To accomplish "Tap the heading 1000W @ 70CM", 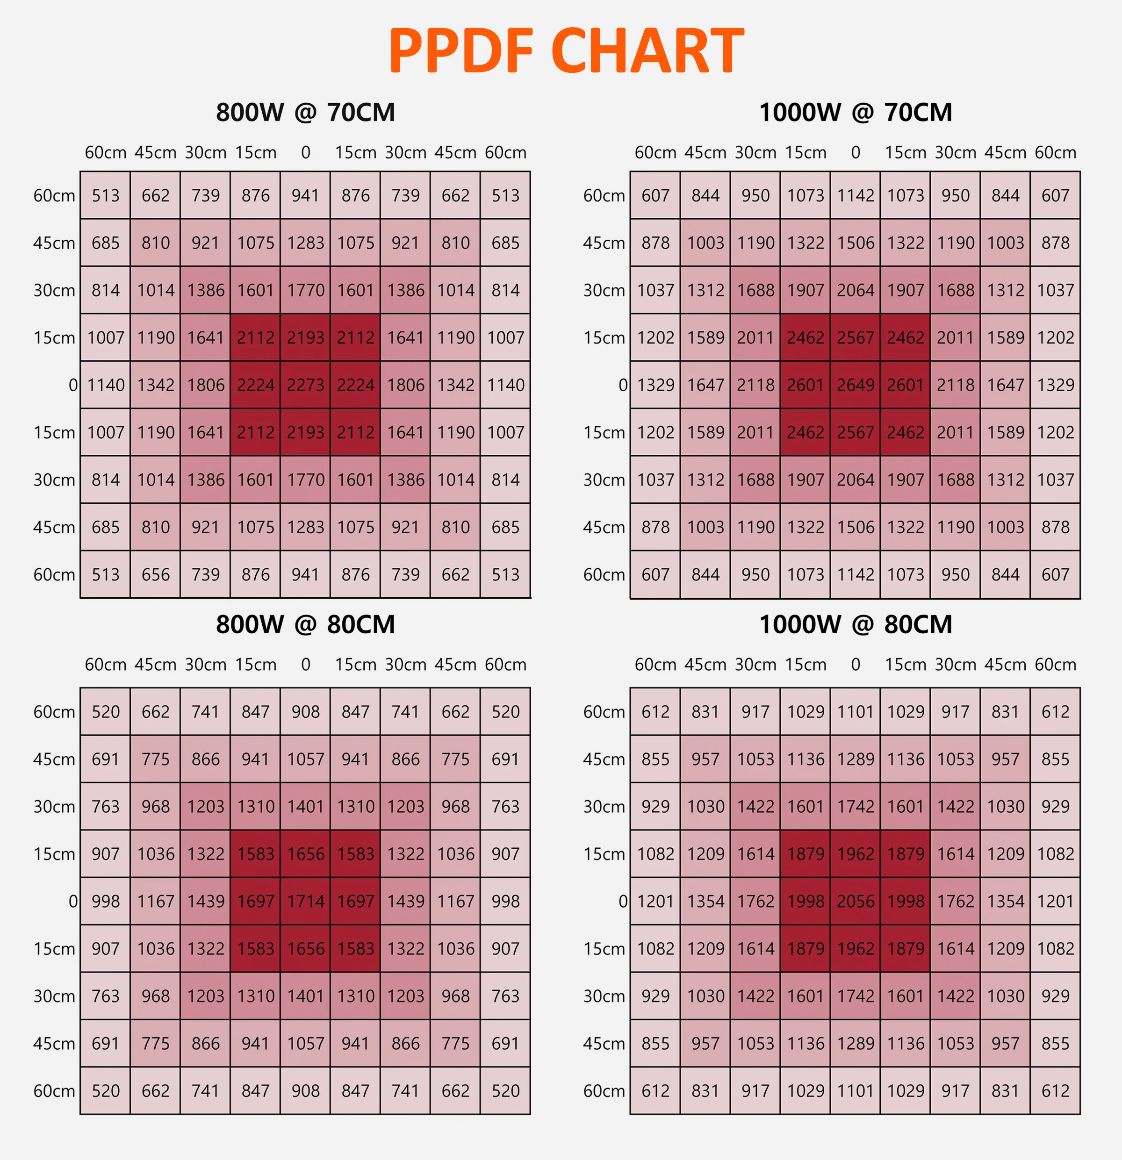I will point(856,113).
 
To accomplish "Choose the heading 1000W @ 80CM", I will point(856,624).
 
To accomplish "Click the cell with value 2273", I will point(306,385).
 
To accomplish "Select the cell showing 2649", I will point(856,385).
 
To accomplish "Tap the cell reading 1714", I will point(306,902).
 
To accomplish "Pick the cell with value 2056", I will point(856,902).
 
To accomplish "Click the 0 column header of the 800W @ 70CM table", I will point(306,153).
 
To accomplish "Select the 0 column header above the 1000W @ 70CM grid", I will point(856,153).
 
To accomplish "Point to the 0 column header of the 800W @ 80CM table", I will point(306,665).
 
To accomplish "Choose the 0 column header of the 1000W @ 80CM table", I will point(856,665).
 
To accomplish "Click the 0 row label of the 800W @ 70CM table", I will point(73,385).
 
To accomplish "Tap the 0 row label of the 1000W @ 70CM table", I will point(623,385).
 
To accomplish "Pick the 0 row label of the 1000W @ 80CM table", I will point(623,902).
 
